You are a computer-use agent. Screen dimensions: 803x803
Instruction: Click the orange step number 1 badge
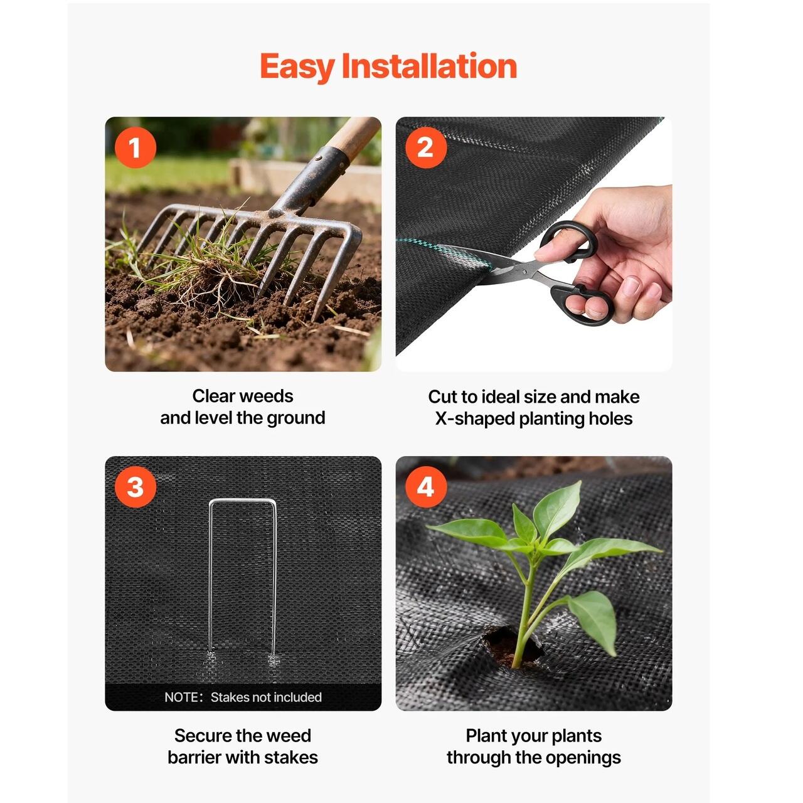[135, 147]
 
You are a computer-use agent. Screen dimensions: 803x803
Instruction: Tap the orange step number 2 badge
[425, 147]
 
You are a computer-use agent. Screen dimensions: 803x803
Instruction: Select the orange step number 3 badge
[135, 487]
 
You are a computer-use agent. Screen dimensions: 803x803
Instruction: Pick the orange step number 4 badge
[425, 487]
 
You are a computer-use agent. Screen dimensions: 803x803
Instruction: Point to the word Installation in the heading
[430, 66]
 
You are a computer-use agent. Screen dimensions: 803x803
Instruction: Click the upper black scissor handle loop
[569, 242]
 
